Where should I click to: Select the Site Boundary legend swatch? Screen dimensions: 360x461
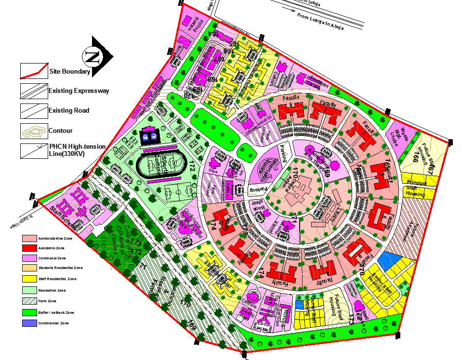34,71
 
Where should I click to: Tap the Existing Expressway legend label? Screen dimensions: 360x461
79,90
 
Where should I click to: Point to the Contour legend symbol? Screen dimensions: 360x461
34,130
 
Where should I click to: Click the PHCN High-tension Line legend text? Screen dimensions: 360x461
77,150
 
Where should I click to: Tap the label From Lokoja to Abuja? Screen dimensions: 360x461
320,22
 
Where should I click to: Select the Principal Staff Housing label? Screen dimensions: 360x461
417,188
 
